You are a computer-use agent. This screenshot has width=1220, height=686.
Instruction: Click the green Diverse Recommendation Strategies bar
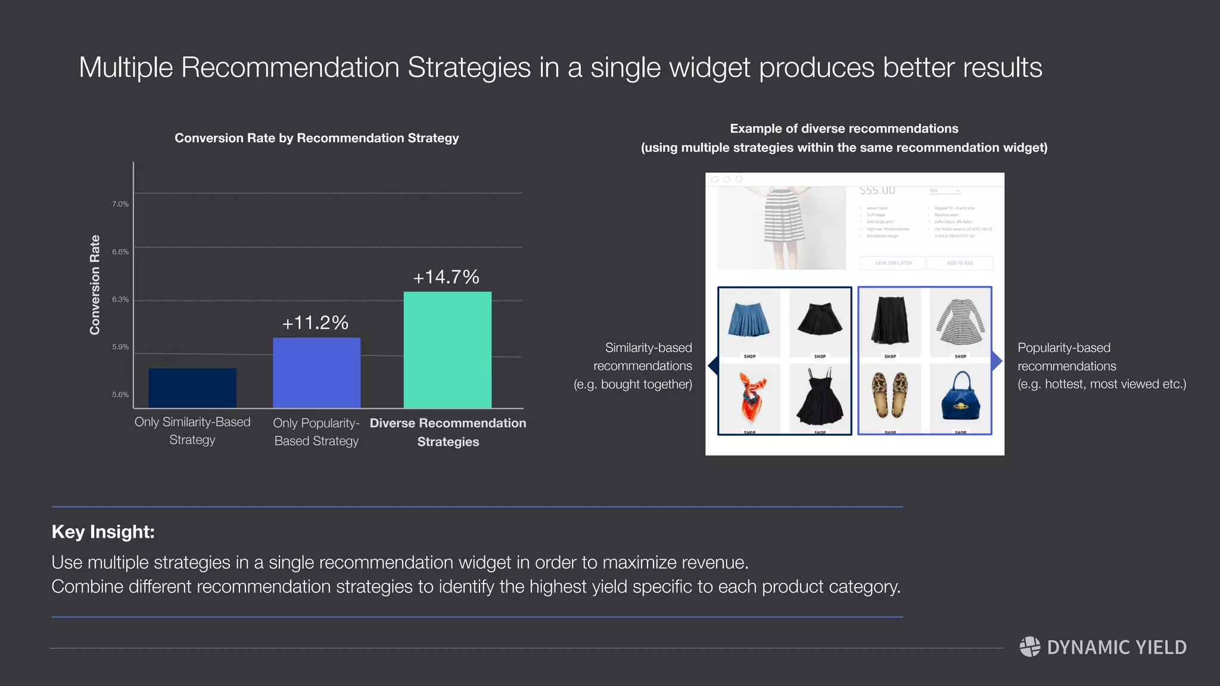447,350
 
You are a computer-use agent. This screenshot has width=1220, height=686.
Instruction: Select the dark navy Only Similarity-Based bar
192,388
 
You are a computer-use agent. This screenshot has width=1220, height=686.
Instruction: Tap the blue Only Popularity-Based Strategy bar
316,373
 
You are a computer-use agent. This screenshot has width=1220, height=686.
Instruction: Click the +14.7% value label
446,277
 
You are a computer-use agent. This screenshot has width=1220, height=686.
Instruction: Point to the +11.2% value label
315,323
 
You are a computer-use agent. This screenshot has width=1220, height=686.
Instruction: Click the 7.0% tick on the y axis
120,204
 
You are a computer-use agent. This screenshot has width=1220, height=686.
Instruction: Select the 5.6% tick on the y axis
120,395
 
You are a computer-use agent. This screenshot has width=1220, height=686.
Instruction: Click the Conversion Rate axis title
95,285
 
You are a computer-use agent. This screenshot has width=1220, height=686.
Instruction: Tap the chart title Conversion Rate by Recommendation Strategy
316,138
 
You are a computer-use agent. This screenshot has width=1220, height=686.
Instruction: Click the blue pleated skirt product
749,320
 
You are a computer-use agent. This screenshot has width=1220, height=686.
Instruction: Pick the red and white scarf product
750,397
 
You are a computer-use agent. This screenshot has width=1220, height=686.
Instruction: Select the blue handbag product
960,397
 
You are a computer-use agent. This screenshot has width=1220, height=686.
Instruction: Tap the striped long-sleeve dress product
960,322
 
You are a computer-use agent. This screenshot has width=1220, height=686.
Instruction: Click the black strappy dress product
820,396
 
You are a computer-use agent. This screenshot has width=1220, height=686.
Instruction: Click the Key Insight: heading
103,532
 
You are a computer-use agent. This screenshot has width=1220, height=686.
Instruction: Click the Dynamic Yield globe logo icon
1029,647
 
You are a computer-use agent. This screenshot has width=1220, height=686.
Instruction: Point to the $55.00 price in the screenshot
877,191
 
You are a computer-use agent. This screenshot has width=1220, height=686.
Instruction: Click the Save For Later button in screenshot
893,263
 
